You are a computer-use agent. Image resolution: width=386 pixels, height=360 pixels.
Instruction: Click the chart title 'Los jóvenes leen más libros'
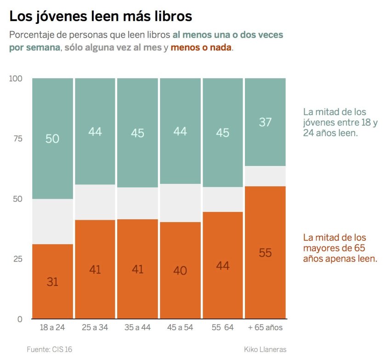101,17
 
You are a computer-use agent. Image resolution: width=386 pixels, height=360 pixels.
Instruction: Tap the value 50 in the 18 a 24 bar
52,138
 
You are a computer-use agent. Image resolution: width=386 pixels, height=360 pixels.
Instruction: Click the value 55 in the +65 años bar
265,252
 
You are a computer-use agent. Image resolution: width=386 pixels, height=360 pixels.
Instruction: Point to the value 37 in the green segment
265,122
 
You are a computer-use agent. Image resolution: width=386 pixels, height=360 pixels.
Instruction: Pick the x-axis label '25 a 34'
95,328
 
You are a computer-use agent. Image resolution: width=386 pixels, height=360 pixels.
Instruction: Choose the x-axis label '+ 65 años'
265,328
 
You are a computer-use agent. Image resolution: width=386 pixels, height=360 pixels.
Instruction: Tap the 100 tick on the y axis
16,79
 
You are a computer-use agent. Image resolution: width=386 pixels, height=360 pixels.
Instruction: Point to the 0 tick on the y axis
19,319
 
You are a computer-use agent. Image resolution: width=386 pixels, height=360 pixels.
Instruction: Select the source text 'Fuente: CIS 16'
49,349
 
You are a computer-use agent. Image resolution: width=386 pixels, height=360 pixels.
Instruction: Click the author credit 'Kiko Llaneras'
265,349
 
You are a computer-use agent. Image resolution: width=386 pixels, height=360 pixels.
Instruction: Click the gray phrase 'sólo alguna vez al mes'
113,47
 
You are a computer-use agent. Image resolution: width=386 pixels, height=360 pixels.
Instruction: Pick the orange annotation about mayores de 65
340,248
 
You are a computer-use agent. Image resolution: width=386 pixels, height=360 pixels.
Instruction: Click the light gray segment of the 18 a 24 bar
52,222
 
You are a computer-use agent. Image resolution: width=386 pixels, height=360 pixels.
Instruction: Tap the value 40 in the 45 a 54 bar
180,271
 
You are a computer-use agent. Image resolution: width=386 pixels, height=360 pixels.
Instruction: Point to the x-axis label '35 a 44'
137,328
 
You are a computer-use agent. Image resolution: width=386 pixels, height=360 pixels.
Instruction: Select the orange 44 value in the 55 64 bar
222,266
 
